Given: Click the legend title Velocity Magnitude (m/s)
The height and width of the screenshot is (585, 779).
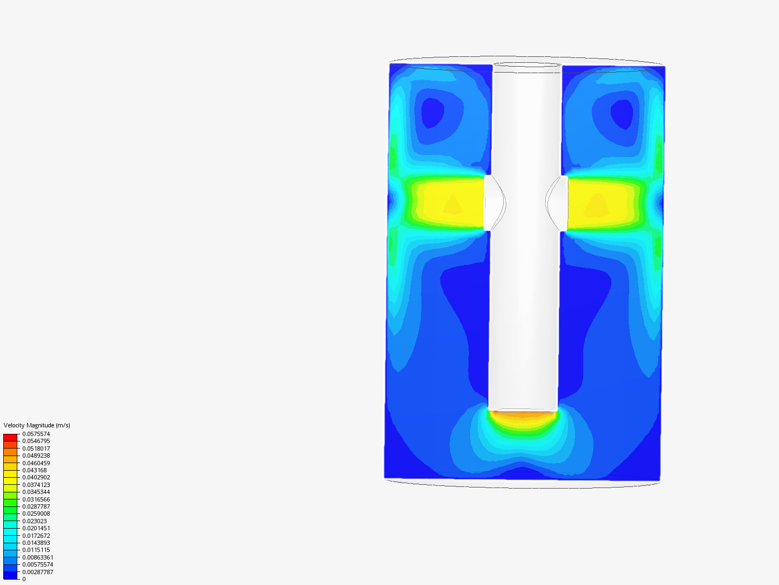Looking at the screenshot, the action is pyautogui.click(x=37, y=425).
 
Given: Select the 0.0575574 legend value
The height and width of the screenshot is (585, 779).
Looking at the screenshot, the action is pyautogui.click(x=36, y=434).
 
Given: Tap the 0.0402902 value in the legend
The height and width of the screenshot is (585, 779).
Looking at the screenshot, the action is pyautogui.click(x=36, y=477).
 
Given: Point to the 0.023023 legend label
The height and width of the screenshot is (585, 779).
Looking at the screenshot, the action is pyautogui.click(x=35, y=521).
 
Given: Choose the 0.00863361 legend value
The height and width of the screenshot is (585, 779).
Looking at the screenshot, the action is pyautogui.click(x=38, y=557).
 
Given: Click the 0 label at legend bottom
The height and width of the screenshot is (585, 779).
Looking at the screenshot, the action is pyautogui.click(x=24, y=579).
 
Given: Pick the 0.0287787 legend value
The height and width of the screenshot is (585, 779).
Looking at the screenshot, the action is pyautogui.click(x=36, y=506).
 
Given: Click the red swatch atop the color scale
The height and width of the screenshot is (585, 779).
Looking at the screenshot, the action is pyautogui.click(x=10, y=437).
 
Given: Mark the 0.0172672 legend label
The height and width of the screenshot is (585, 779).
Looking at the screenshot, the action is pyautogui.click(x=36, y=536).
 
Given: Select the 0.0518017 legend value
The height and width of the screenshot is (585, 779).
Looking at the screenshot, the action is pyautogui.click(x=36, y=448).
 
